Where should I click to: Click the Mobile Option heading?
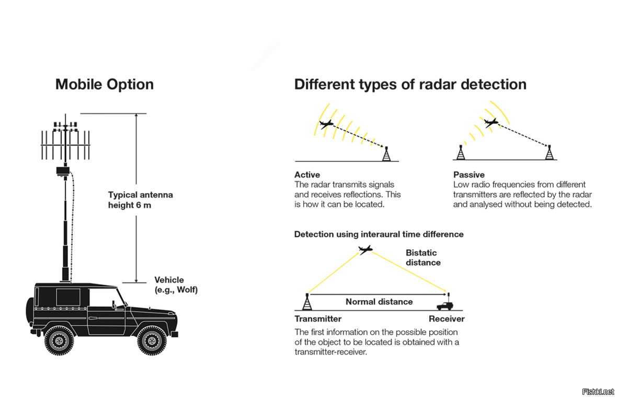pos(104,85)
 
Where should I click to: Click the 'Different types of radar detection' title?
pos(410,85)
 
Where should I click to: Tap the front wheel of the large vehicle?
pos(152,340)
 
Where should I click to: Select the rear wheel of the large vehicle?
pos(59,340)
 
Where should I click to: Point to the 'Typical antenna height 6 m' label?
pos(141,200)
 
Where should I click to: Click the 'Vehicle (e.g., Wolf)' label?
pos(176,285)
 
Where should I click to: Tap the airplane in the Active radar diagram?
pos(326,124)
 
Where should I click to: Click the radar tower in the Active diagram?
pos(387,154)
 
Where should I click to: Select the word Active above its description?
pos(307,175)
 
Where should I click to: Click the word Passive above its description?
pos(469,175)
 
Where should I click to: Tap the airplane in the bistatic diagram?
pos(365,249)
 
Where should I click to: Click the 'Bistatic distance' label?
pos(423,257)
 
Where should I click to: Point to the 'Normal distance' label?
pos(379,302)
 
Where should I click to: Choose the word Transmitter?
pos(318,319)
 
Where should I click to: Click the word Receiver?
pos(447,319)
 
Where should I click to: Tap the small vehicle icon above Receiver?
pos(445,305)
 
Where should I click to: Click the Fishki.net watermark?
pos(598,392)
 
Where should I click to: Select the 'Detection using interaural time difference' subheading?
pos(379,235)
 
